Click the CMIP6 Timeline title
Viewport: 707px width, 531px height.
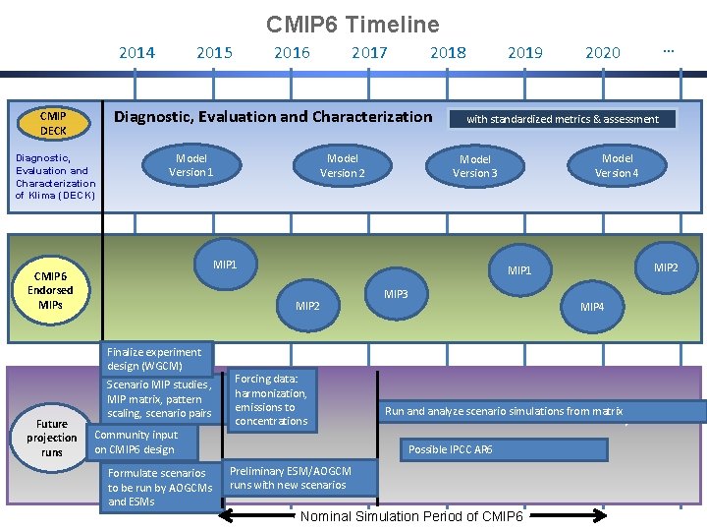coord(353,24)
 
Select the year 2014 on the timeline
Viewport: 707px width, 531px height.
coord(136,53)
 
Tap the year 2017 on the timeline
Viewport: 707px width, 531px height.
coord(369,53)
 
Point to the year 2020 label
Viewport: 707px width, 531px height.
coord(602,53)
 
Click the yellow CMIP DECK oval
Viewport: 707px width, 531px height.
coord(53,123)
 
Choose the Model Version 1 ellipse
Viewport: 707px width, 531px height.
coord(191,165)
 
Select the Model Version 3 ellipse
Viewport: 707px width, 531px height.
coord(475,166)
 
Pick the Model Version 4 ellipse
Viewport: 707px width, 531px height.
coord(617,165)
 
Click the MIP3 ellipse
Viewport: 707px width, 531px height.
coord(397,294)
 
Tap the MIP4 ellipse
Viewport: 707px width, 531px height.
coord(592,307)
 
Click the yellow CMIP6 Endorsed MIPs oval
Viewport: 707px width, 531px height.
coord(50,290)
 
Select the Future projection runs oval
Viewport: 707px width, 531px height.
coord(52,438)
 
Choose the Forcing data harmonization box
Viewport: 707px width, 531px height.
coord(272,399)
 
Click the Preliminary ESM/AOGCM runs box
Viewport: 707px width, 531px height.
coord(289,478)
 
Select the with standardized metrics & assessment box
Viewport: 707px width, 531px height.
coord(563,119)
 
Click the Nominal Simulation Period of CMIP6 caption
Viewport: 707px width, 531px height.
coord(412,517)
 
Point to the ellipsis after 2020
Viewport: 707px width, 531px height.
coord(669,50)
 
